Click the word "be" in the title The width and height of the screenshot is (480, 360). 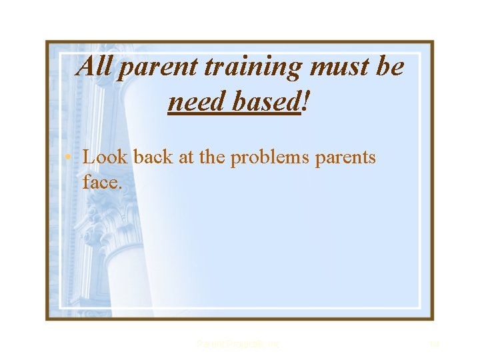(390, 67)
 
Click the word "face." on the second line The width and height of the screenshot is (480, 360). (102, 181)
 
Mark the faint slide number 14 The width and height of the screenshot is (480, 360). (434, 344)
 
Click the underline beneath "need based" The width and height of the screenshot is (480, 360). (234, 113)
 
